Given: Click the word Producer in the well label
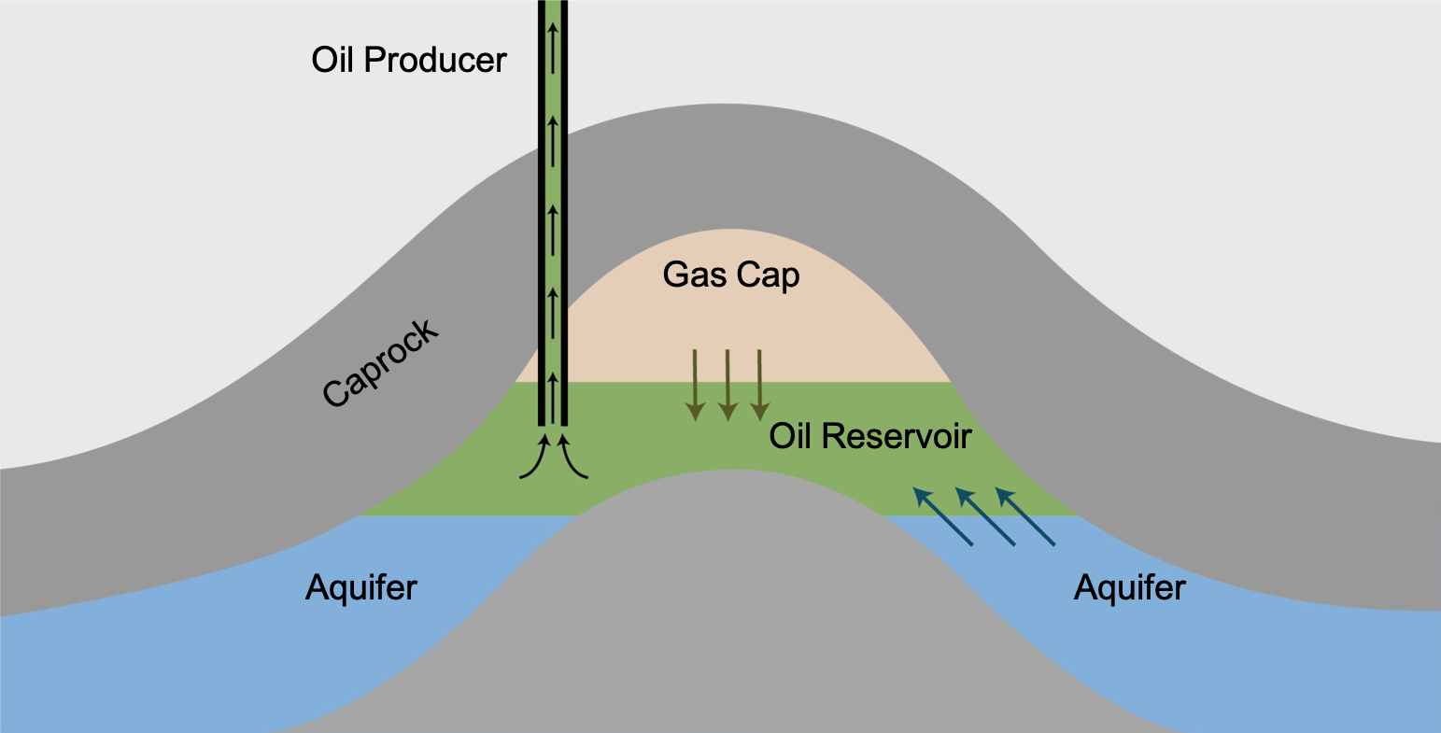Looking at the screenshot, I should [x=435, y=61].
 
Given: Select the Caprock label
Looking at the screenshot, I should [x=380, y=364].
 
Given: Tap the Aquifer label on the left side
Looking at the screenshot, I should [x=361, y=588].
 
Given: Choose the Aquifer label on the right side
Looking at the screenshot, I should [x=1129, y=588].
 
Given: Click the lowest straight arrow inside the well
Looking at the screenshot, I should [x=553, y=398].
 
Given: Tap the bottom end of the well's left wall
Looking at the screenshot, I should [x=542, y=422].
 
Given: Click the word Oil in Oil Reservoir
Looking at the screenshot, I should [x=790, y=437].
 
